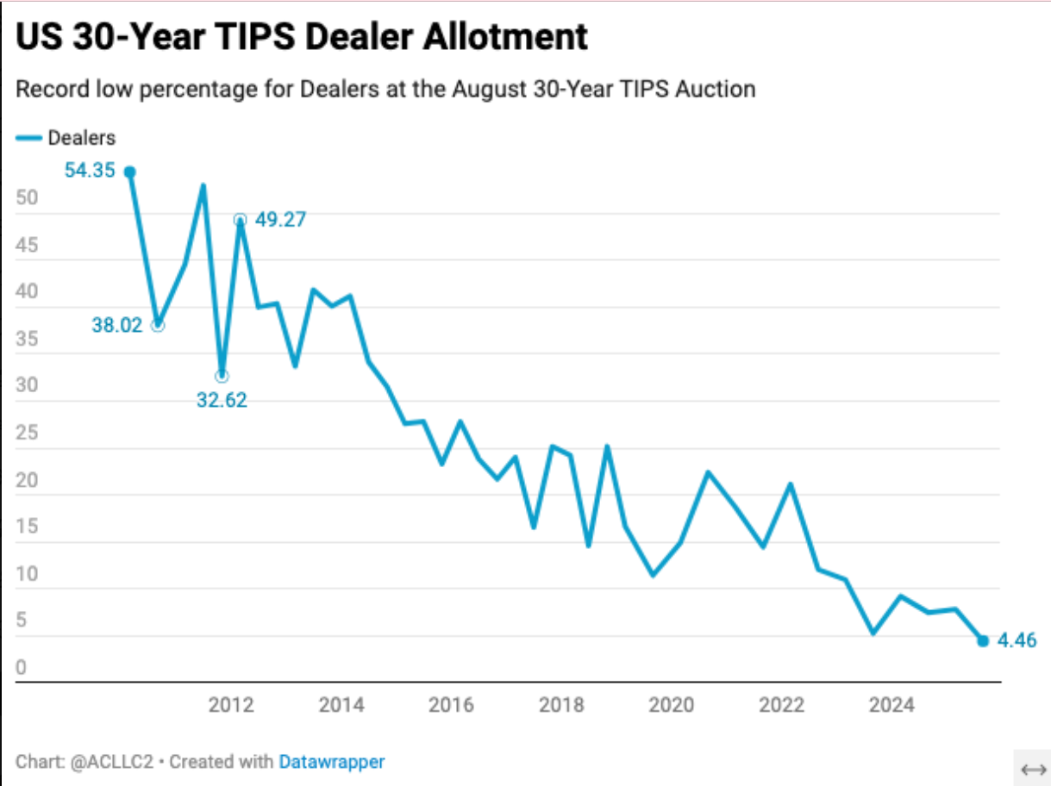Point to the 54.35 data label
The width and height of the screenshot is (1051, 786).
coord(90,170)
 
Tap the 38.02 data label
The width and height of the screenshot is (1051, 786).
coord(116,326)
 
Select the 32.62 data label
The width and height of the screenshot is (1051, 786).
coord(222,400)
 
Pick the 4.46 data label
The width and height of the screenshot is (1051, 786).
coord(1017,640)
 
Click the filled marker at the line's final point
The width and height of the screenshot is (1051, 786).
coord(983,640)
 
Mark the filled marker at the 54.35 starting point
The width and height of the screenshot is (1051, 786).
coord(130,172)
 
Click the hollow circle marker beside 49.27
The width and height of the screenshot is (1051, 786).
coord(240,220)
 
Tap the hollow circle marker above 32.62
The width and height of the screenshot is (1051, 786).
coord(222,376)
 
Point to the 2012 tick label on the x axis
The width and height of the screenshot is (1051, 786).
coord(231,706)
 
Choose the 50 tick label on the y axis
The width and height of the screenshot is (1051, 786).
coord(27,197)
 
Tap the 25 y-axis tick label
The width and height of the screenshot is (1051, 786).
coord(27,433)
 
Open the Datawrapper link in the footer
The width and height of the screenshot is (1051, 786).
coord(332,762)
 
